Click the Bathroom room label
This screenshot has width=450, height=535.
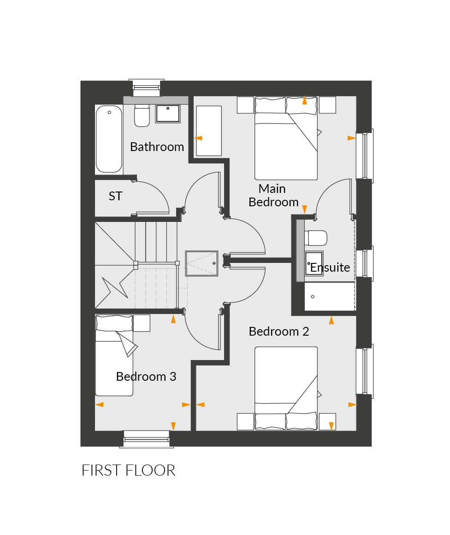(157, 147)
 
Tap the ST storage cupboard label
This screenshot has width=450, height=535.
(115, 196)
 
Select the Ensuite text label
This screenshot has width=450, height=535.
(330, 267)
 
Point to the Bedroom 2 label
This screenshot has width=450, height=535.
(279, 331)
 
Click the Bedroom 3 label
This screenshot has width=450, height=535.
(146, 376)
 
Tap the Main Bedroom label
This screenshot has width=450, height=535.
(273, 195)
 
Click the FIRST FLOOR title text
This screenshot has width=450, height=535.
(129, 470)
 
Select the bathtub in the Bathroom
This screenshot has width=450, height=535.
(109, 139)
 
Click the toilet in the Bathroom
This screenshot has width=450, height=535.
(142, 115)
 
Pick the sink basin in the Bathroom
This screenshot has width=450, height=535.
(168, 113)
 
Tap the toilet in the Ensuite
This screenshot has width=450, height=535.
(316, 238)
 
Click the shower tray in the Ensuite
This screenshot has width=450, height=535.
(329, 296)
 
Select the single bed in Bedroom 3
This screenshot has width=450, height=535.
(114, 355)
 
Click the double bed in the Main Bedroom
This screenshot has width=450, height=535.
(286, 138)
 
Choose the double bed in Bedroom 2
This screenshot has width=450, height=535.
(286, 388)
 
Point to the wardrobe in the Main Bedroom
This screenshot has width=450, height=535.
(209, 131)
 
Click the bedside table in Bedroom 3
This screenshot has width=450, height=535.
(142, 323)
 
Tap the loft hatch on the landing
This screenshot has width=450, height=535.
(201, 263)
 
